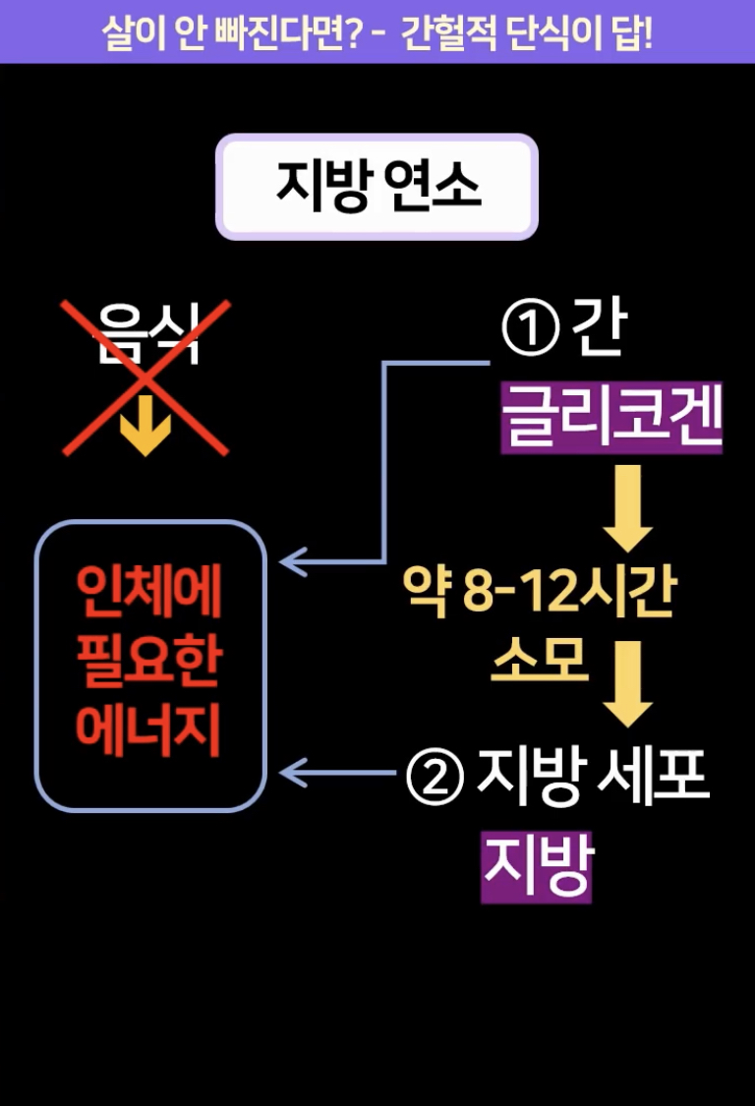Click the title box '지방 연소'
click(x=377, y=187)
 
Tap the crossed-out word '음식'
click(x=146, y=334)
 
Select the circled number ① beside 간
click(x=530, y=331)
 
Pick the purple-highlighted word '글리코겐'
click(x=611, y=419)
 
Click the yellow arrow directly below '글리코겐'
click(x=626, y=507)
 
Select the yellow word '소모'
click(x=539, y=661)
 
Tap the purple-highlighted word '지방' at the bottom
click(x=536, y=867)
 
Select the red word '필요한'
click(x=150, y=666)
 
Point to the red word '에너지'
click(x=150, y=731)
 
